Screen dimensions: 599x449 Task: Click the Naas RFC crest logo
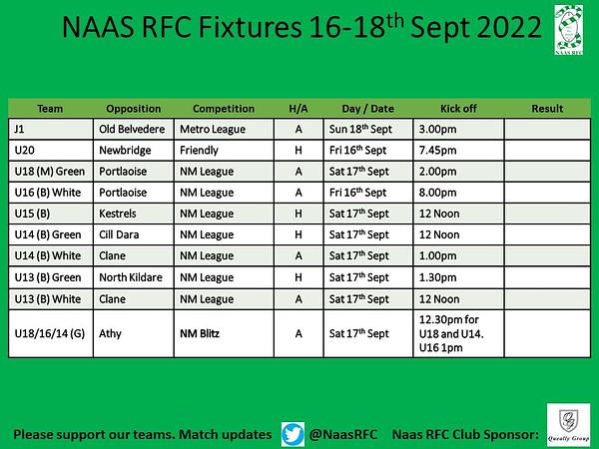point(569,30)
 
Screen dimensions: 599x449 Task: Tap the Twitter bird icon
point(293,434)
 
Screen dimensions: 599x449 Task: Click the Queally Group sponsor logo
point(568,425)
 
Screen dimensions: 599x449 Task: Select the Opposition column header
point(134,109)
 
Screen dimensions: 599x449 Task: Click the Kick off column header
point(458,109)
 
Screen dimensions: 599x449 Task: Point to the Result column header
point(547,109)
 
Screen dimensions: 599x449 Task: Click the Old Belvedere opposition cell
point(132,129)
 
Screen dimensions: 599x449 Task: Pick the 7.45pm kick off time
point(438,151)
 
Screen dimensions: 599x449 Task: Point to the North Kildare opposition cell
point(131,277)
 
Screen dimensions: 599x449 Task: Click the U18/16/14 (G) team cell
point(50,334)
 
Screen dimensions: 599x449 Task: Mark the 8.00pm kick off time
point(438,193)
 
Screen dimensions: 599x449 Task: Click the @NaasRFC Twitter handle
point(342,434)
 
